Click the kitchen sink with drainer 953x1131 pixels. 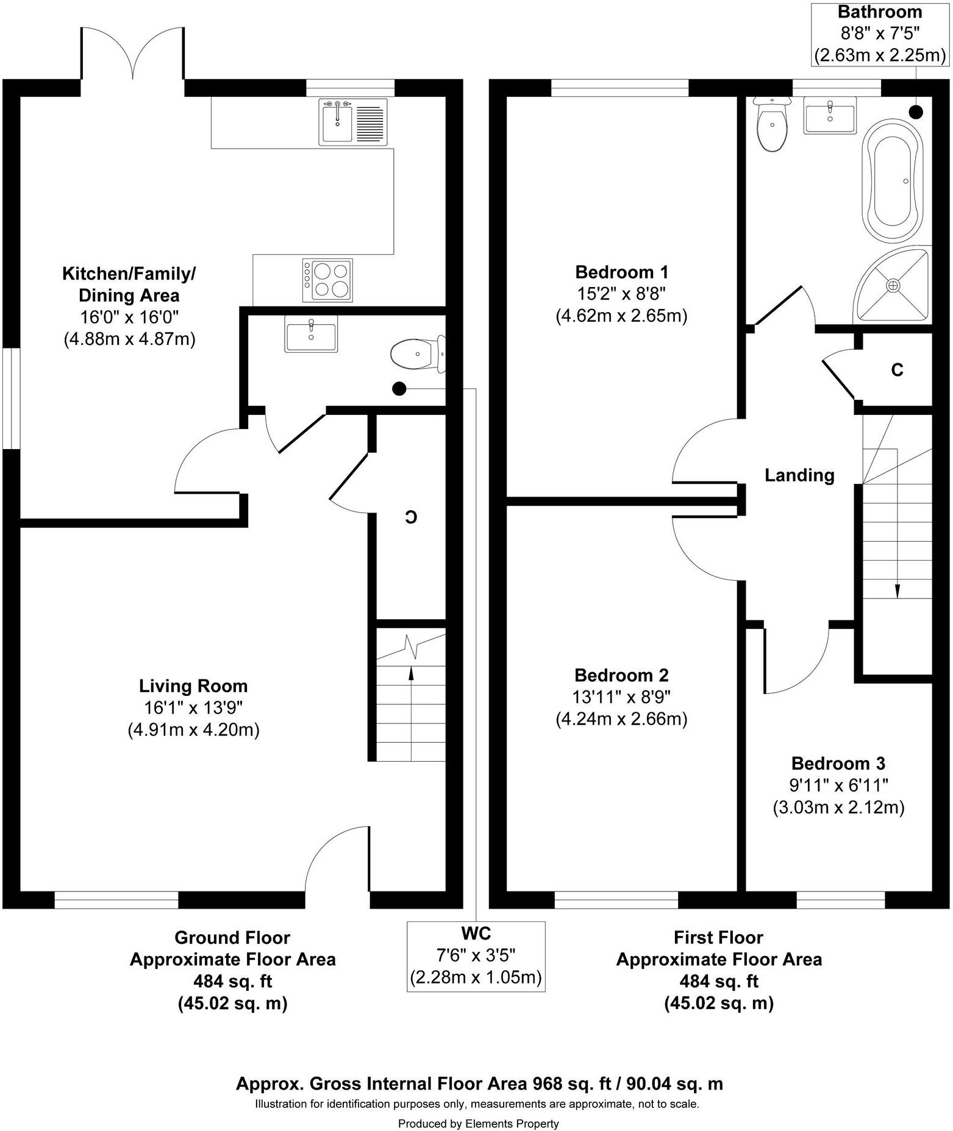[x=353, y=122]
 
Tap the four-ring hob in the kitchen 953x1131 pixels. [x=327, y=280]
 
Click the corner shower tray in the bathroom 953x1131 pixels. [x=896, y=285]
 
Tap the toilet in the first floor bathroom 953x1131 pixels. [x=772, y=123]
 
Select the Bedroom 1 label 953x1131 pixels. [x=621, y=272]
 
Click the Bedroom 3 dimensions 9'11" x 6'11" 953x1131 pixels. [x=838, y=785]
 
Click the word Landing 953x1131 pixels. [x=799, y=475]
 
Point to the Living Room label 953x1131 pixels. [x=193, y=686]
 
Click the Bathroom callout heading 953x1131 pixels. [x=879, y=12]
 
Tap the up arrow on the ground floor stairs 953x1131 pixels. [x=410, y=673]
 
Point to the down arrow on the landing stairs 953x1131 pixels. [x=897, y=590]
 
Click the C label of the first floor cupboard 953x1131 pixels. [x=897, y=370]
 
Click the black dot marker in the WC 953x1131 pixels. [x=399, y=388]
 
